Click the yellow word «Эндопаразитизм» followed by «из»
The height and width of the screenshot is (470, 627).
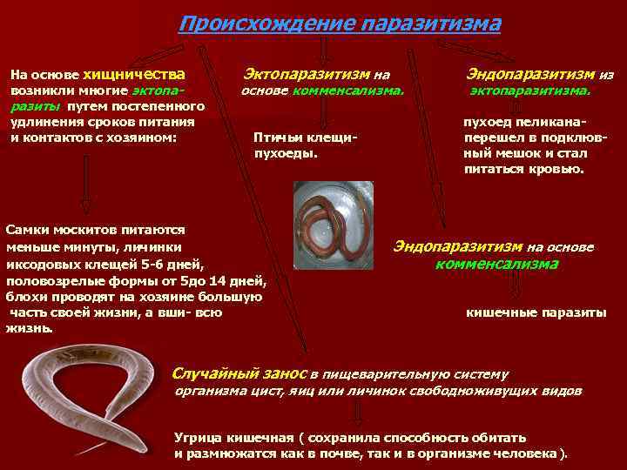530,75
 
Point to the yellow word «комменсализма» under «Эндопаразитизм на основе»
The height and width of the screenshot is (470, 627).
496,265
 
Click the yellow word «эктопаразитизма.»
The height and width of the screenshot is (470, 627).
529,91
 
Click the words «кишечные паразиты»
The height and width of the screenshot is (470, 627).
536,312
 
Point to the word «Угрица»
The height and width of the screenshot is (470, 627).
199,438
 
